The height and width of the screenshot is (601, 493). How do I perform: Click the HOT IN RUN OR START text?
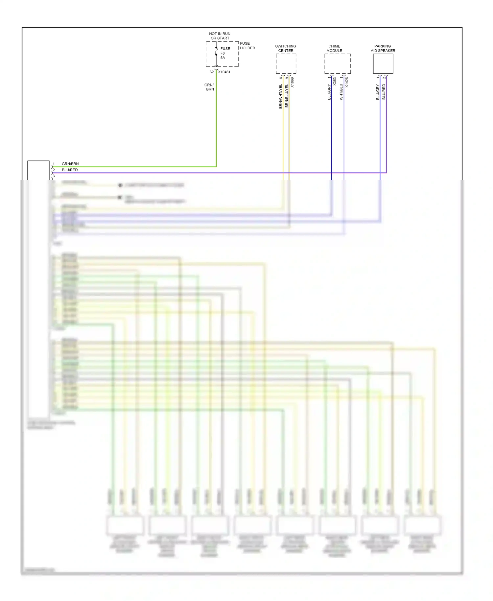point(220,36)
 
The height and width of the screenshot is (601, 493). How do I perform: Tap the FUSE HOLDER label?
point(247,46)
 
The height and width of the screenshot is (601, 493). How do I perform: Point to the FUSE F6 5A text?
point(225,53)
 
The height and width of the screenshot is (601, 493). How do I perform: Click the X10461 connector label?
point(224,72)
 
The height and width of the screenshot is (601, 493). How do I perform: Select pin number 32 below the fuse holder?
point(212,72)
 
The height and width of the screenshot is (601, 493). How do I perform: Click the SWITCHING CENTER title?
point(286,48)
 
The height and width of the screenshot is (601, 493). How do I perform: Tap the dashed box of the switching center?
point(286,64)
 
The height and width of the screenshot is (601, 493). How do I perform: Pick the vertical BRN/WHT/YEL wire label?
point(281,96)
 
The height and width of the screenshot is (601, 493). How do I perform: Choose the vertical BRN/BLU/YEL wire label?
point(287,96)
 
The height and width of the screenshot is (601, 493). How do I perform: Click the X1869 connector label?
point(292,82)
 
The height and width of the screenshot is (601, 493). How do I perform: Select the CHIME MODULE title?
point(334,48)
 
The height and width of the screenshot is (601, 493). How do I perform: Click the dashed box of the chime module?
point(338,64)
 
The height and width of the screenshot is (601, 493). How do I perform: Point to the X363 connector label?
point(335,82)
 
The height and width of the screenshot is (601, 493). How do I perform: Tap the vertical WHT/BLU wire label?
point(341,92)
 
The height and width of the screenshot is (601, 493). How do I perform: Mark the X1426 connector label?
point(347,82)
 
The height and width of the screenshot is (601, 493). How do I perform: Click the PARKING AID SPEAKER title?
point(383,48)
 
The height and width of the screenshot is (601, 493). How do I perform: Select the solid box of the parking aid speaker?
point(383,64)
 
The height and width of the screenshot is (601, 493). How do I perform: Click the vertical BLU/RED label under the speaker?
point(384,92)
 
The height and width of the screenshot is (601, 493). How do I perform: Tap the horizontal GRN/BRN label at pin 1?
point(70,164)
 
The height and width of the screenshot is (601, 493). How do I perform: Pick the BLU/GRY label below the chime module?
point(329,92)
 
